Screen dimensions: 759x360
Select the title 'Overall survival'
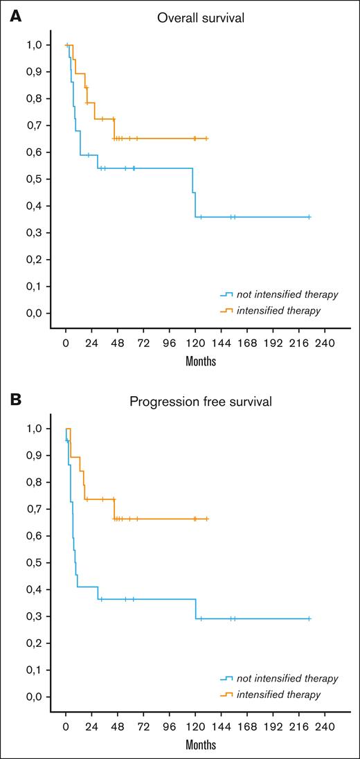[x=200, y=18]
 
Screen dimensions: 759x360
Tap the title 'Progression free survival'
[x=200, y=402]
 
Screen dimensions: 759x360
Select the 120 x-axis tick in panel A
[x=195, y=342]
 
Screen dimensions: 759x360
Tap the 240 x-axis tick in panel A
[x=325, y=342]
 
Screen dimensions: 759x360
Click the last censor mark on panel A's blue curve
[x=309, y=217]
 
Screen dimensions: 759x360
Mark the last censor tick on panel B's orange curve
[x=206, y=518]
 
